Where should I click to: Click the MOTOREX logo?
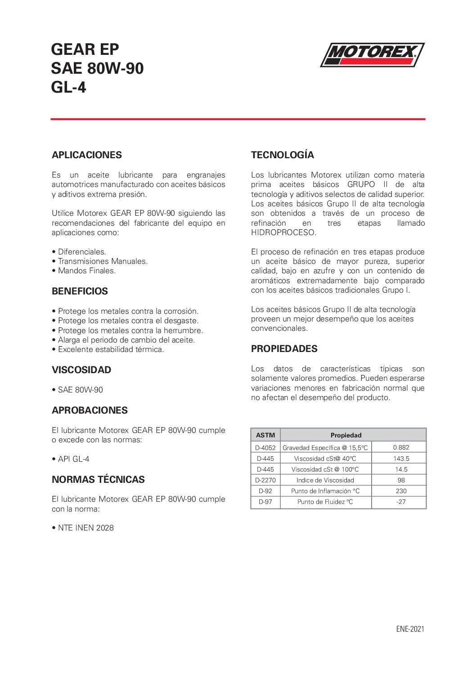[x=372, y=54]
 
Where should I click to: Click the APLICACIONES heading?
[x=86, y=155]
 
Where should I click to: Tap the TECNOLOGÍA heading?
[x=283, y=155]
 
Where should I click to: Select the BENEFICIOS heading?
[x=80, y=291]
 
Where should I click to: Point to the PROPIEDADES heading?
[x=284, y=349]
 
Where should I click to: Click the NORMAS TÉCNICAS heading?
[x=98, y=480]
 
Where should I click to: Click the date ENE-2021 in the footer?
[x=410, y=629]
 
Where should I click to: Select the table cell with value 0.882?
[x=401, y=447]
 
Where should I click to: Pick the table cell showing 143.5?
[x=401, y=459]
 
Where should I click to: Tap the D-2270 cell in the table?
[x=265, y=480]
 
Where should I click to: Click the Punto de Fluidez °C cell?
[x=325, y=502]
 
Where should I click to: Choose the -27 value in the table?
[x=401, y=502]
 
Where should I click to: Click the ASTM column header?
[x=265, y=435]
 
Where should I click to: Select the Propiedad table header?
[x=346, y=435]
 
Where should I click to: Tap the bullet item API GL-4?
[x=73, y=459]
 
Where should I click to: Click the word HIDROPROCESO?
[x=283, y=232]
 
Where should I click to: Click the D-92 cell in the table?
[x=265, y=491]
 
